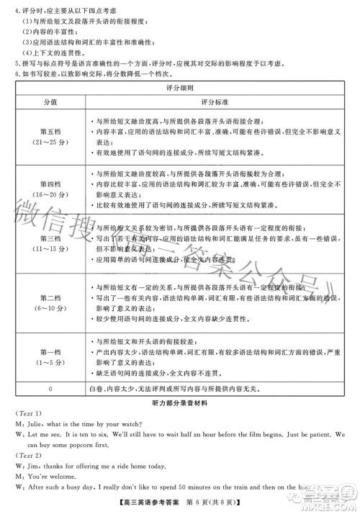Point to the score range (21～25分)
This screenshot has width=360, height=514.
[49, 143]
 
